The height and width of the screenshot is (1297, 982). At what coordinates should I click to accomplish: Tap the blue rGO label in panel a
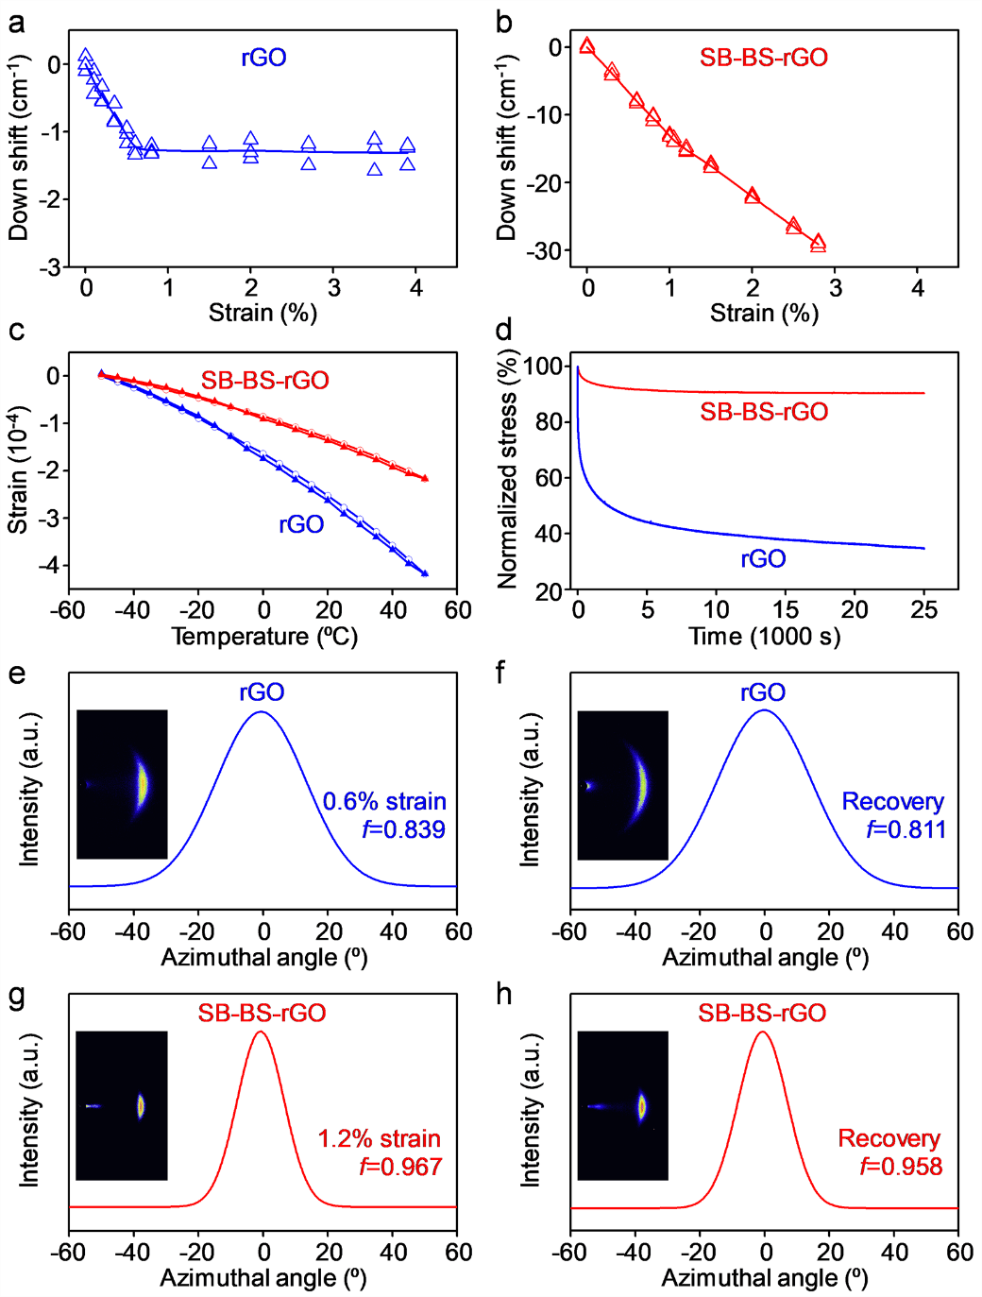coord(263,58)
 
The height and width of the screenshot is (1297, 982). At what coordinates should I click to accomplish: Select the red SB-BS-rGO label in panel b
coord(763,58)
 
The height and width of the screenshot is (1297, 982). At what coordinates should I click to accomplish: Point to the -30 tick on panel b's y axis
coord(546,250)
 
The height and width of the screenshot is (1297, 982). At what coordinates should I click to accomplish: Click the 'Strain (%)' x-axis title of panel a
coord(262,313)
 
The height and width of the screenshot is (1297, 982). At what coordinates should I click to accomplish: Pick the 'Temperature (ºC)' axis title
coord(264,637)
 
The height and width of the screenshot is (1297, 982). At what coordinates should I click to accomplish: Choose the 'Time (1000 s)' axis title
coord(764,637)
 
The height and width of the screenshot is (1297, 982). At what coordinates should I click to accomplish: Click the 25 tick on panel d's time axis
coord(923,610)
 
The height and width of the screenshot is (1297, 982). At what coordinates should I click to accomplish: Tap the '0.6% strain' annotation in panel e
coord(384,801)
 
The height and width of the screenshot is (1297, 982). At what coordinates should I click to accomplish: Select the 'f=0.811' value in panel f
coord(906,829)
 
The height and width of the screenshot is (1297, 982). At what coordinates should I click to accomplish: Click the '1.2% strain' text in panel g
coord(379,1138)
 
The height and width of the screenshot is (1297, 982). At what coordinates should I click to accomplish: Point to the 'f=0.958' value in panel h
coord(901,1167)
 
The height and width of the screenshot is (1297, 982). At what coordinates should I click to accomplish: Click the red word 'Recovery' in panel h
coord(889,1138)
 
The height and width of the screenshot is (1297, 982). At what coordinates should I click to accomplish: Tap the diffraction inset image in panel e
coord(122,784)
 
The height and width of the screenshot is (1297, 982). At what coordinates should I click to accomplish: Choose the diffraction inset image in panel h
coord(622,1105)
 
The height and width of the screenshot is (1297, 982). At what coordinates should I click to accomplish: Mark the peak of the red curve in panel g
coord(262,1032)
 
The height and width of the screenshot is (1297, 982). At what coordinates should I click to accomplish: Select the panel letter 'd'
coord(504,330)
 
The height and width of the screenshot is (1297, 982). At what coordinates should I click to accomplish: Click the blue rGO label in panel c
coord(301,524)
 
